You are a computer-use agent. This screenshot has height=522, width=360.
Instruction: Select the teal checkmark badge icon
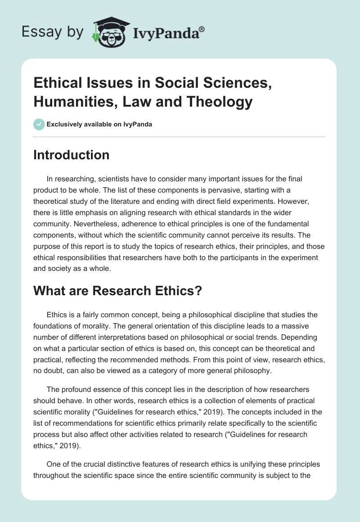click(39, 125)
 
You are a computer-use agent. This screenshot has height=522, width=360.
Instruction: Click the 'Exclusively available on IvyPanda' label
click(99, 125)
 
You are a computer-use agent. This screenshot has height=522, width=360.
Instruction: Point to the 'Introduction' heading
click(72, 155)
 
